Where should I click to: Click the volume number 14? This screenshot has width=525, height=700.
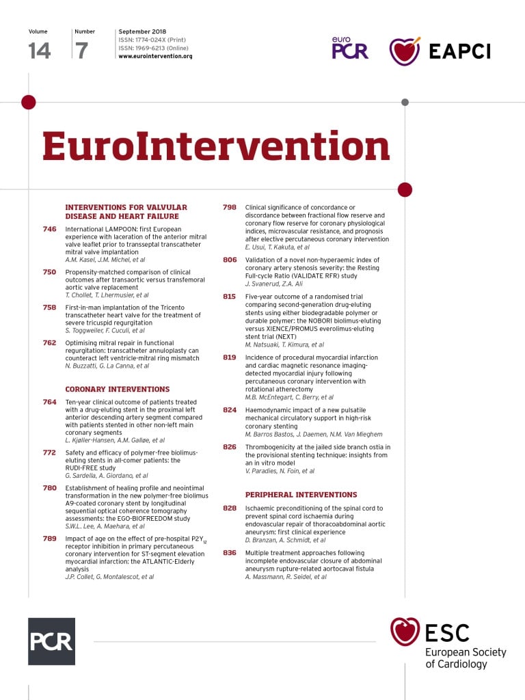40,51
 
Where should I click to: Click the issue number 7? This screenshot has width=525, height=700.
81,51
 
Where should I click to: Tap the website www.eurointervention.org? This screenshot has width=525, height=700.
155,56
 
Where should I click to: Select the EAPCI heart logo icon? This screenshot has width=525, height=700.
405,51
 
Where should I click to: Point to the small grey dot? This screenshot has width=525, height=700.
405,103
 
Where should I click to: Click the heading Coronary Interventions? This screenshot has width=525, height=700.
117,388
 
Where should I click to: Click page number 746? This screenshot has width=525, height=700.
49,229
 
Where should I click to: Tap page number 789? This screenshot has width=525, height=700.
49,539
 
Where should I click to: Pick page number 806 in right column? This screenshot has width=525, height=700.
230,260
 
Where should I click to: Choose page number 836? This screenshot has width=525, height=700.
230,552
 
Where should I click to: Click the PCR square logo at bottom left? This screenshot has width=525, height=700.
51,641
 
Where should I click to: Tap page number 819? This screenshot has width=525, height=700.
230,358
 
